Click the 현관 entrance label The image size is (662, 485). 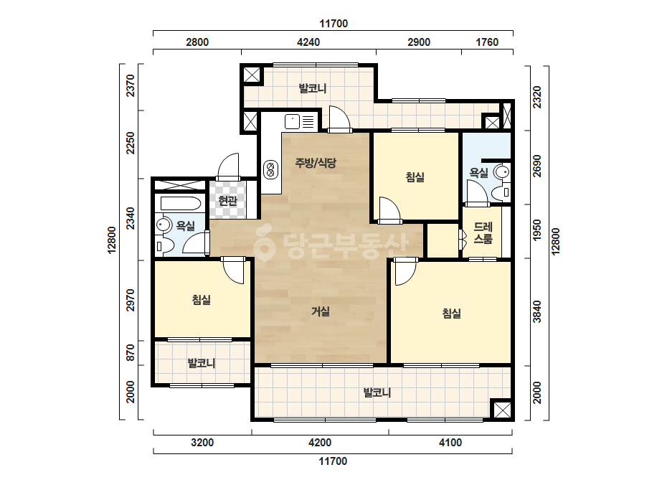pos(228,201)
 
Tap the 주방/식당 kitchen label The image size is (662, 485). pos(316,163)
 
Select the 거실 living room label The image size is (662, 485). pos(321,311)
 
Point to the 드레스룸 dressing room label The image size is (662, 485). pos(483,232)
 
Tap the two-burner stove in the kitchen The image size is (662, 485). pos(270,169)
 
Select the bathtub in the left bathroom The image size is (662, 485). pos(181,204)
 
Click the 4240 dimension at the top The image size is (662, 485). pos(308,42)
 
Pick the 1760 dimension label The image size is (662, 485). pos(487,42)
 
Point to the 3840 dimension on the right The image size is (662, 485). pos(536,311)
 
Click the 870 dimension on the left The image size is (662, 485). pos(131,353)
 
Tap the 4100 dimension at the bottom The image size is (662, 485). pos(450,443)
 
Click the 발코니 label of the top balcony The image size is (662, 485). pos(313,89)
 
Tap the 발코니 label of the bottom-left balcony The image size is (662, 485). pos(202,363)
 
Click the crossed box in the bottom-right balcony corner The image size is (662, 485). pos(502,410)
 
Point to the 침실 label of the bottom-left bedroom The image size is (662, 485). pos(202,299)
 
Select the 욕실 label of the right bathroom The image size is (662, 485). pos(479,172)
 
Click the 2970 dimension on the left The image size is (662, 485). pos(131,300)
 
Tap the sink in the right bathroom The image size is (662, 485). pos(502,172)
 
